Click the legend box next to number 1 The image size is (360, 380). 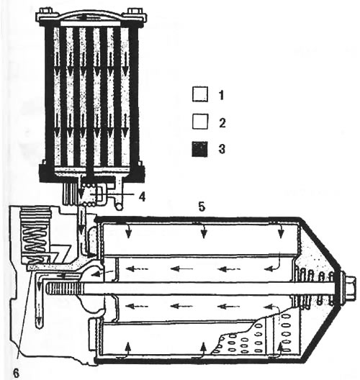click(200, 94)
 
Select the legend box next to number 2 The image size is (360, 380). click(200, 121)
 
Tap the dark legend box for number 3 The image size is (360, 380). click(200, 149)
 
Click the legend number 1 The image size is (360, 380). click(221, 95)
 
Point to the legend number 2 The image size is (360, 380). click(222, 123)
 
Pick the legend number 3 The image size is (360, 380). click(222, 149)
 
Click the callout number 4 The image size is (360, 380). click(142, 196)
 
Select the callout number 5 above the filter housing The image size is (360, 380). click(202, 207)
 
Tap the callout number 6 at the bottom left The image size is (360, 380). click(16, 373)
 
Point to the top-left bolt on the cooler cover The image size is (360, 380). click(46, 12)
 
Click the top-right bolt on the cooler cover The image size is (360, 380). click(134, 12)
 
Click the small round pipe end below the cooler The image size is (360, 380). click(119, 206)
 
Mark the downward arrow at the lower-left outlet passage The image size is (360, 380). click(39, 304)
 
